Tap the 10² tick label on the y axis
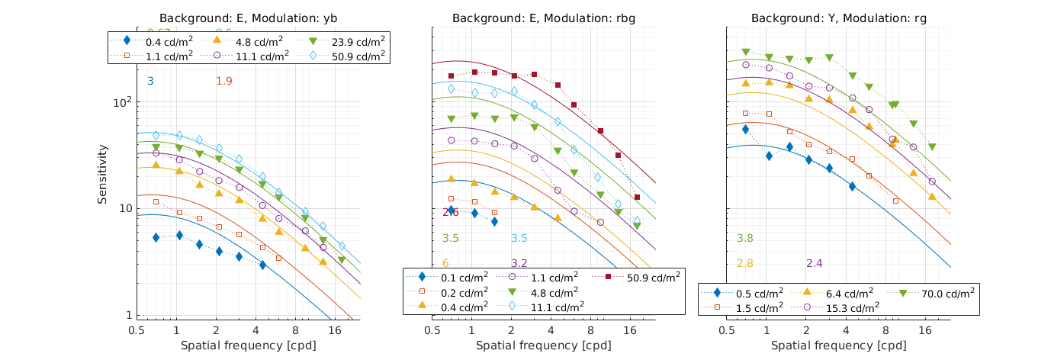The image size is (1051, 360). click(x=124, y=102)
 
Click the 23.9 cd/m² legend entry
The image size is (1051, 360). click(x=355, y=41)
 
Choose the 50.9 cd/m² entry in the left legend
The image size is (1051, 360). click(x=355, y=56)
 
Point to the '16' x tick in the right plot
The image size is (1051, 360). click(x=927, y=331)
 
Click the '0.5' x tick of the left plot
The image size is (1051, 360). click(x=137, y=331)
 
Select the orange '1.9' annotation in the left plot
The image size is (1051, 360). click(x=224, y=81)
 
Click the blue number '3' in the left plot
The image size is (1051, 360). click(x=150, y=81)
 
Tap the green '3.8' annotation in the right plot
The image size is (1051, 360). click(x=745, y=239)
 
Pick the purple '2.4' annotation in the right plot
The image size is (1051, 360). click(x=815, y=264)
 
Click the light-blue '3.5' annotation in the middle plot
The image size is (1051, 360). click(x=519, y=239)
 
